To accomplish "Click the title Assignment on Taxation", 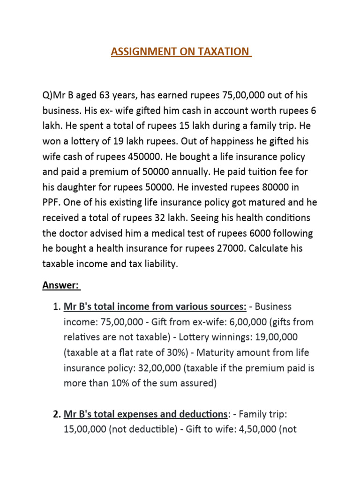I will [181, 51].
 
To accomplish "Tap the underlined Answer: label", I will [61, 285].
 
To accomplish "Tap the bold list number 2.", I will [56, 414].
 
